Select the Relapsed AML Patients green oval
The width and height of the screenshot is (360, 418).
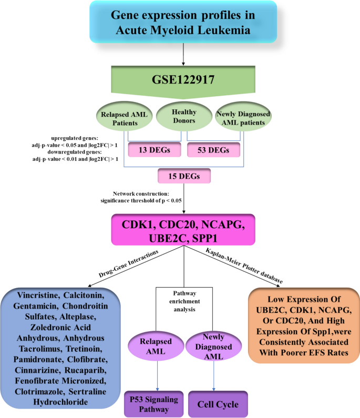point(124,117)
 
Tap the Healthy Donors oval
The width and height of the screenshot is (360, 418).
point(184,116)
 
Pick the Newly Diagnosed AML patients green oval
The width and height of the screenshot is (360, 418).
point(243,117)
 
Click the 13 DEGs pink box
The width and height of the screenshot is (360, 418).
point(155,150)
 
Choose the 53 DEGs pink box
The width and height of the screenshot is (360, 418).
point(213,150)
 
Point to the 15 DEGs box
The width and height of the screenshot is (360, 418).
point(184,176)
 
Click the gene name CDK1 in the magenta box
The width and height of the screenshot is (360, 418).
point(138,225)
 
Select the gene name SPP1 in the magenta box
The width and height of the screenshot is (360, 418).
point(204,238)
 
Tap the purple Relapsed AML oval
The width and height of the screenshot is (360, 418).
point(156,346)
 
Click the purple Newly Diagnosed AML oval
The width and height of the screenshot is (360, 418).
point(214,346)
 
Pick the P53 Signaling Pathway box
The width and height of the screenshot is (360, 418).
point(154,404)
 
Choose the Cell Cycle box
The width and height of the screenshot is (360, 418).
point(218,404)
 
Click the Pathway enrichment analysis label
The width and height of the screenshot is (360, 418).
point(184,301)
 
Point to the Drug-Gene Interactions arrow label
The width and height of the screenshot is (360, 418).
point(128,263)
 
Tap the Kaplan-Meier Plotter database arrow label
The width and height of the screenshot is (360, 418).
point(244,266)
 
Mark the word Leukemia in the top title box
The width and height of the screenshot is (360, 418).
point(224,30)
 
